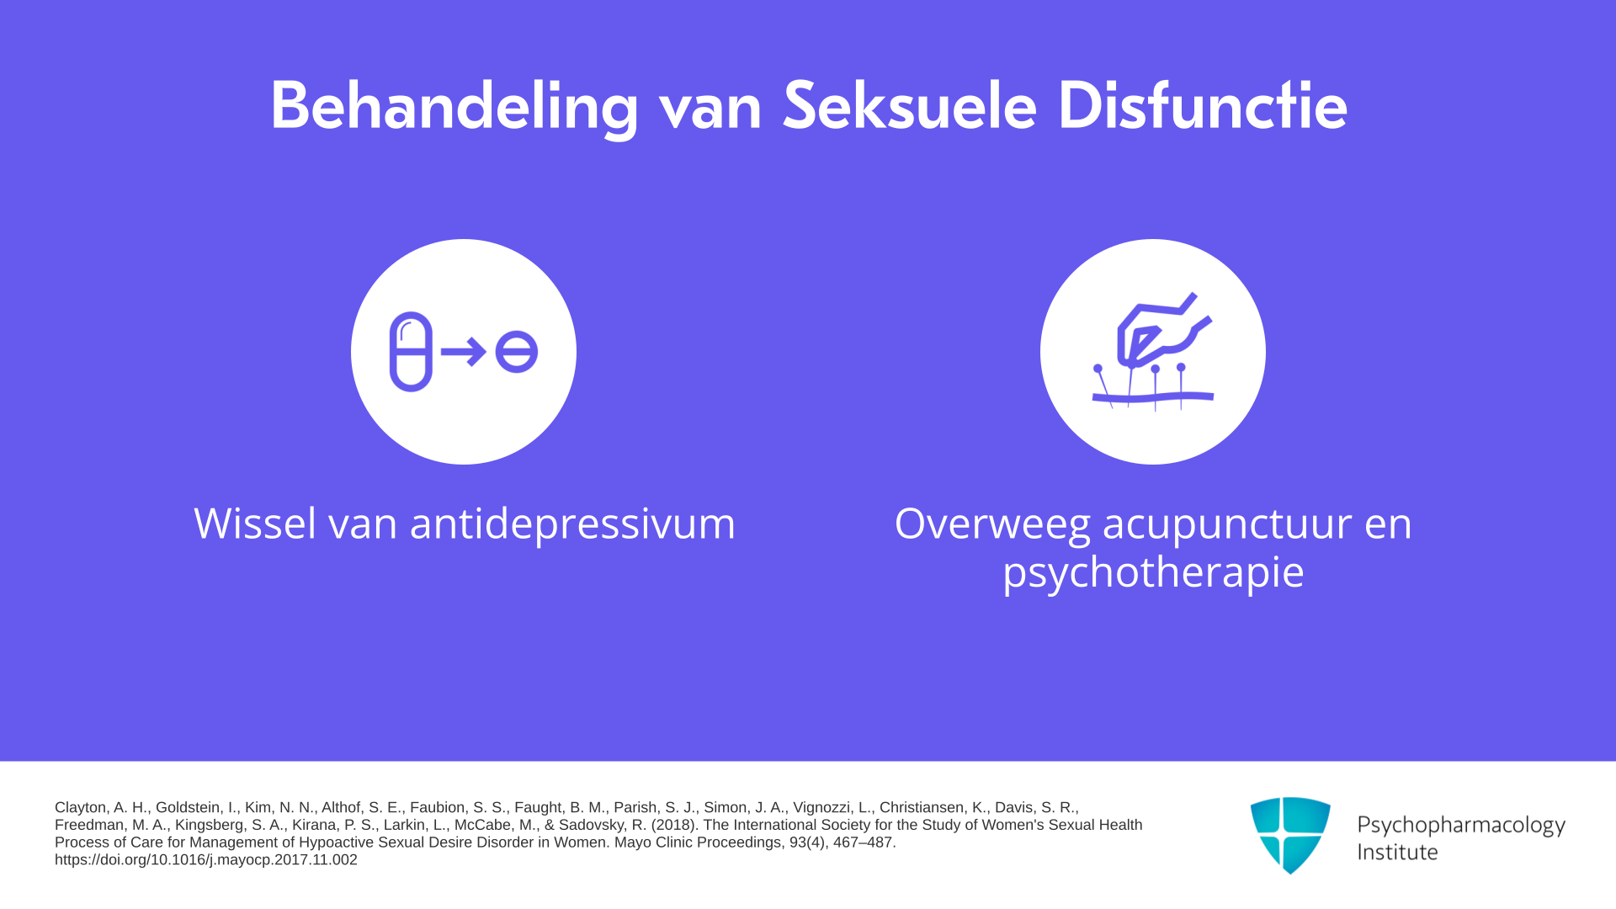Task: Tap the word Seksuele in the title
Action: click(909, 105)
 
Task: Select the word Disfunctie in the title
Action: click(1203, 105)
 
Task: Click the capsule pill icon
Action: click(411, 352)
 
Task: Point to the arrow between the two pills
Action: click(464, 352)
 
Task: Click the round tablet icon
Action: click(516, 352)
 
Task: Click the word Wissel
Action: click(255, 524)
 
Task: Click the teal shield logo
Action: click(1290, 835)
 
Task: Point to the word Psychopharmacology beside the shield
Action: click(1461, 826)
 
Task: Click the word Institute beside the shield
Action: click(1397, 852)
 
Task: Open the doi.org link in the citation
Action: click(206, 860)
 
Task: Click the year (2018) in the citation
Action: click(673, 825)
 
